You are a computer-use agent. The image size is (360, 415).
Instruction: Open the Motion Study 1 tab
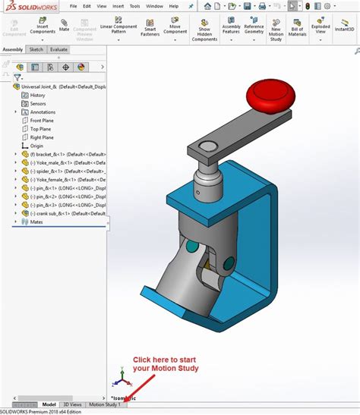click(105, 405)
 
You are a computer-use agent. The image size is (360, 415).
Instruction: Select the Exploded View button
click(321, 30)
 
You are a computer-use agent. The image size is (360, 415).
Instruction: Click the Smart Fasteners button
click(150, 30)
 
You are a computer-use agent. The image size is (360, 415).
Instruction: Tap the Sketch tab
click(36, 49)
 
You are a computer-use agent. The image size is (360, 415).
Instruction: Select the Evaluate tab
click(58, 49)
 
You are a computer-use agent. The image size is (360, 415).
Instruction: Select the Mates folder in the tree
click(35, 222)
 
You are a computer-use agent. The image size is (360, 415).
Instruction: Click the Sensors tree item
click(37, 103)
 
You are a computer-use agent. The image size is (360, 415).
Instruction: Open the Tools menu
click(134, 5)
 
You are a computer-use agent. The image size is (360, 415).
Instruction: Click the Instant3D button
click(346, 30)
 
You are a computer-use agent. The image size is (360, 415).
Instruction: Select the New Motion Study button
click(276, 30)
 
